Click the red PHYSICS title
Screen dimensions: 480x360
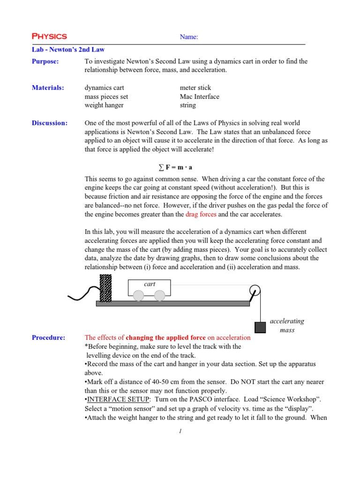coord(49,37)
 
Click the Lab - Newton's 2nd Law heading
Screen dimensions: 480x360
coord(68,49)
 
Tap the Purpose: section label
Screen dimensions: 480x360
coord(45,61)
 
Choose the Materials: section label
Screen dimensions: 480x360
coord(48,88)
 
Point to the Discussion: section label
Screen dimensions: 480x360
coord(50,123)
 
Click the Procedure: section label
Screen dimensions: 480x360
coord(49,337)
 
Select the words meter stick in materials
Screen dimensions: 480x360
coord(195,88)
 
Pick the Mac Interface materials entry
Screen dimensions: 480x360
coord(200,97)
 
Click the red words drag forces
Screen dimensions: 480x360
coord(201,214)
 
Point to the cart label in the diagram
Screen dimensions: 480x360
coord(150,284)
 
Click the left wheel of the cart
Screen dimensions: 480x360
coord(138,295)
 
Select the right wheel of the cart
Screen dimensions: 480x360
coord(160,295)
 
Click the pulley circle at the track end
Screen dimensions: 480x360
coord(255,291)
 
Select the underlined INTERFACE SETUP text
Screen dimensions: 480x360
coord(113,399)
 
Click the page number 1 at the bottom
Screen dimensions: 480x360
coord(180,432)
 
